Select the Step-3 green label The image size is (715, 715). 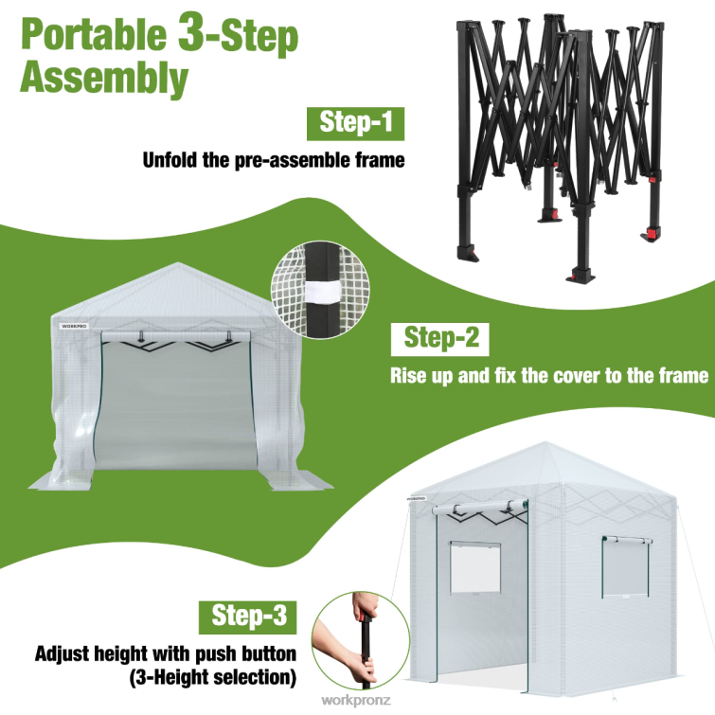pos(248,617)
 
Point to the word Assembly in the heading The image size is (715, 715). pos(103,80)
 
